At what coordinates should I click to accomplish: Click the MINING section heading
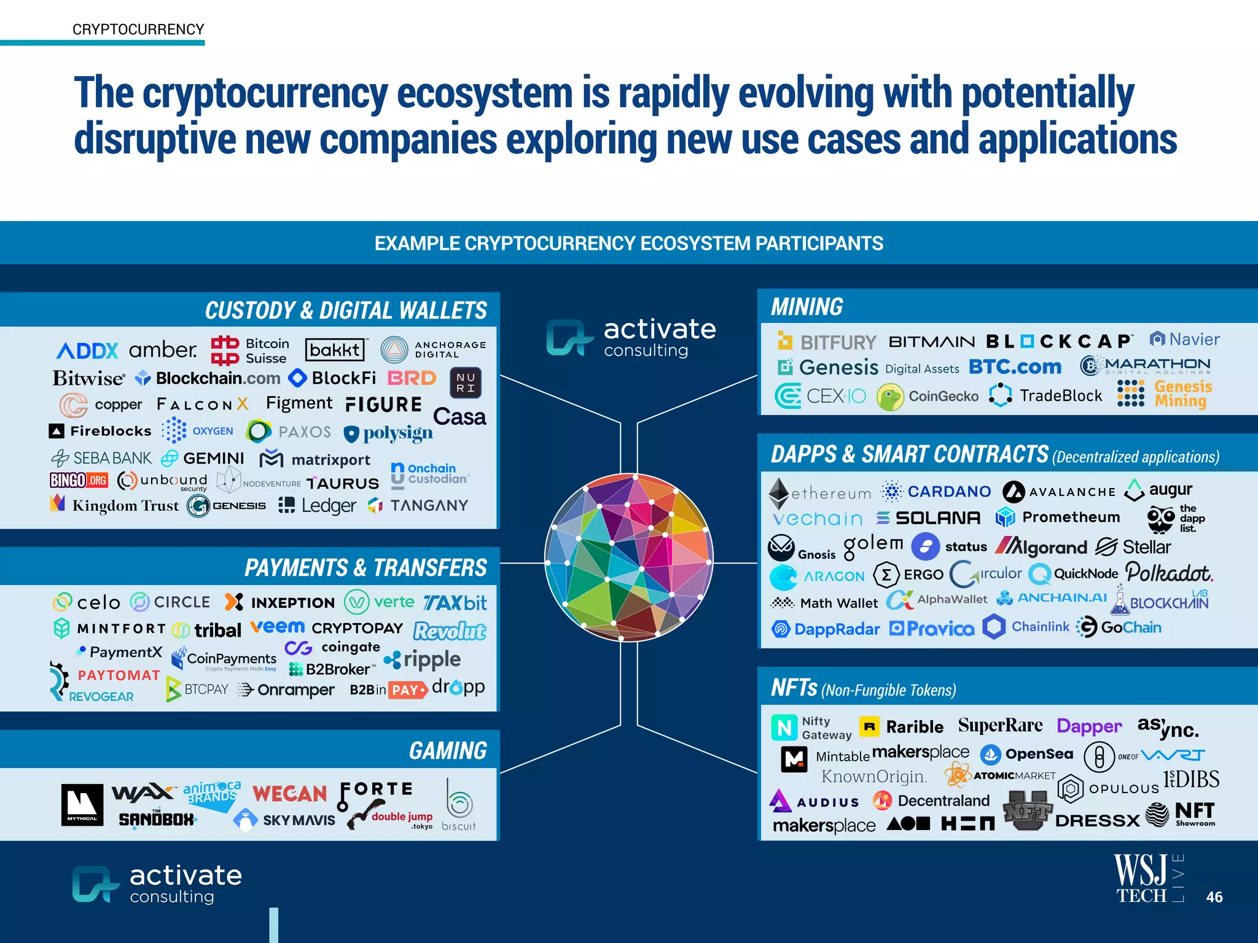pyautogui.click(x=807, y=307)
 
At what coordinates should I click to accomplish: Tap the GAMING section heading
pyautogui.click(x=448, y=750)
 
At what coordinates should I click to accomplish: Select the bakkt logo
pyautogui.click(x=335, y=350)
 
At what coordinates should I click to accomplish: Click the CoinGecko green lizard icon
pyautogui.click(x=890, y=397)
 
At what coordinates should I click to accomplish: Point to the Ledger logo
pyautogui.click(x=317, y=505)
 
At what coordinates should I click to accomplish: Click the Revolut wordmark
pyautogui.click(x=450, y=631)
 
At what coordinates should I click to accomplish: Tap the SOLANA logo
pyautogui.click(x=928, y=518)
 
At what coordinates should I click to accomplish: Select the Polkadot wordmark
pyautogui.click(x=1169, y=573)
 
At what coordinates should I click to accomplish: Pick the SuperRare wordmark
pyautogui.click(x=1000, y=726)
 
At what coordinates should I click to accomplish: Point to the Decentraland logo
pyautogui.click(x=931, y=801)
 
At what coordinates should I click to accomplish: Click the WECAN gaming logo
pyautogui.click(x=289, y=793)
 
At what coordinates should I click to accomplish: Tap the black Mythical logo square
pyautogui.click(x=82, y=804)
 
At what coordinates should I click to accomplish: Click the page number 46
pyautogui.click(x=1214, y=897)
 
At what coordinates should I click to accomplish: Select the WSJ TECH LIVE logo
pyautogui.click(x=1147, y=879)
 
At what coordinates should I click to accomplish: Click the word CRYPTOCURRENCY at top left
pyautogui.click(x=138, y=29)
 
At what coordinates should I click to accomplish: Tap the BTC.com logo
pyautogui.click(x=1015, y=367)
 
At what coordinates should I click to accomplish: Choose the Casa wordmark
pyautogui.click(x=459, y=417)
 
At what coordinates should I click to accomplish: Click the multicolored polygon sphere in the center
pyautogui.click(x=628, y=557)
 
